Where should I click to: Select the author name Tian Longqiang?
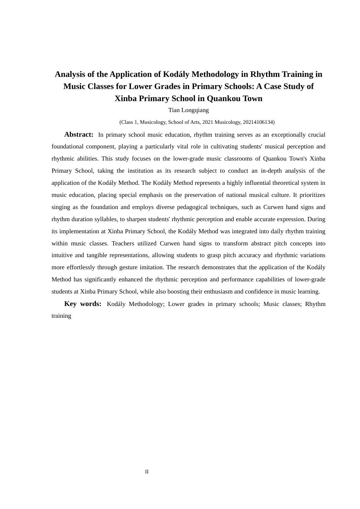188,110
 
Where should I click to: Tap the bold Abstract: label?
79,134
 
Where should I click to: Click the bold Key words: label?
83,304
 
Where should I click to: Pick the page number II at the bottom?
147,472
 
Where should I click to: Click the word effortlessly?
81,267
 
